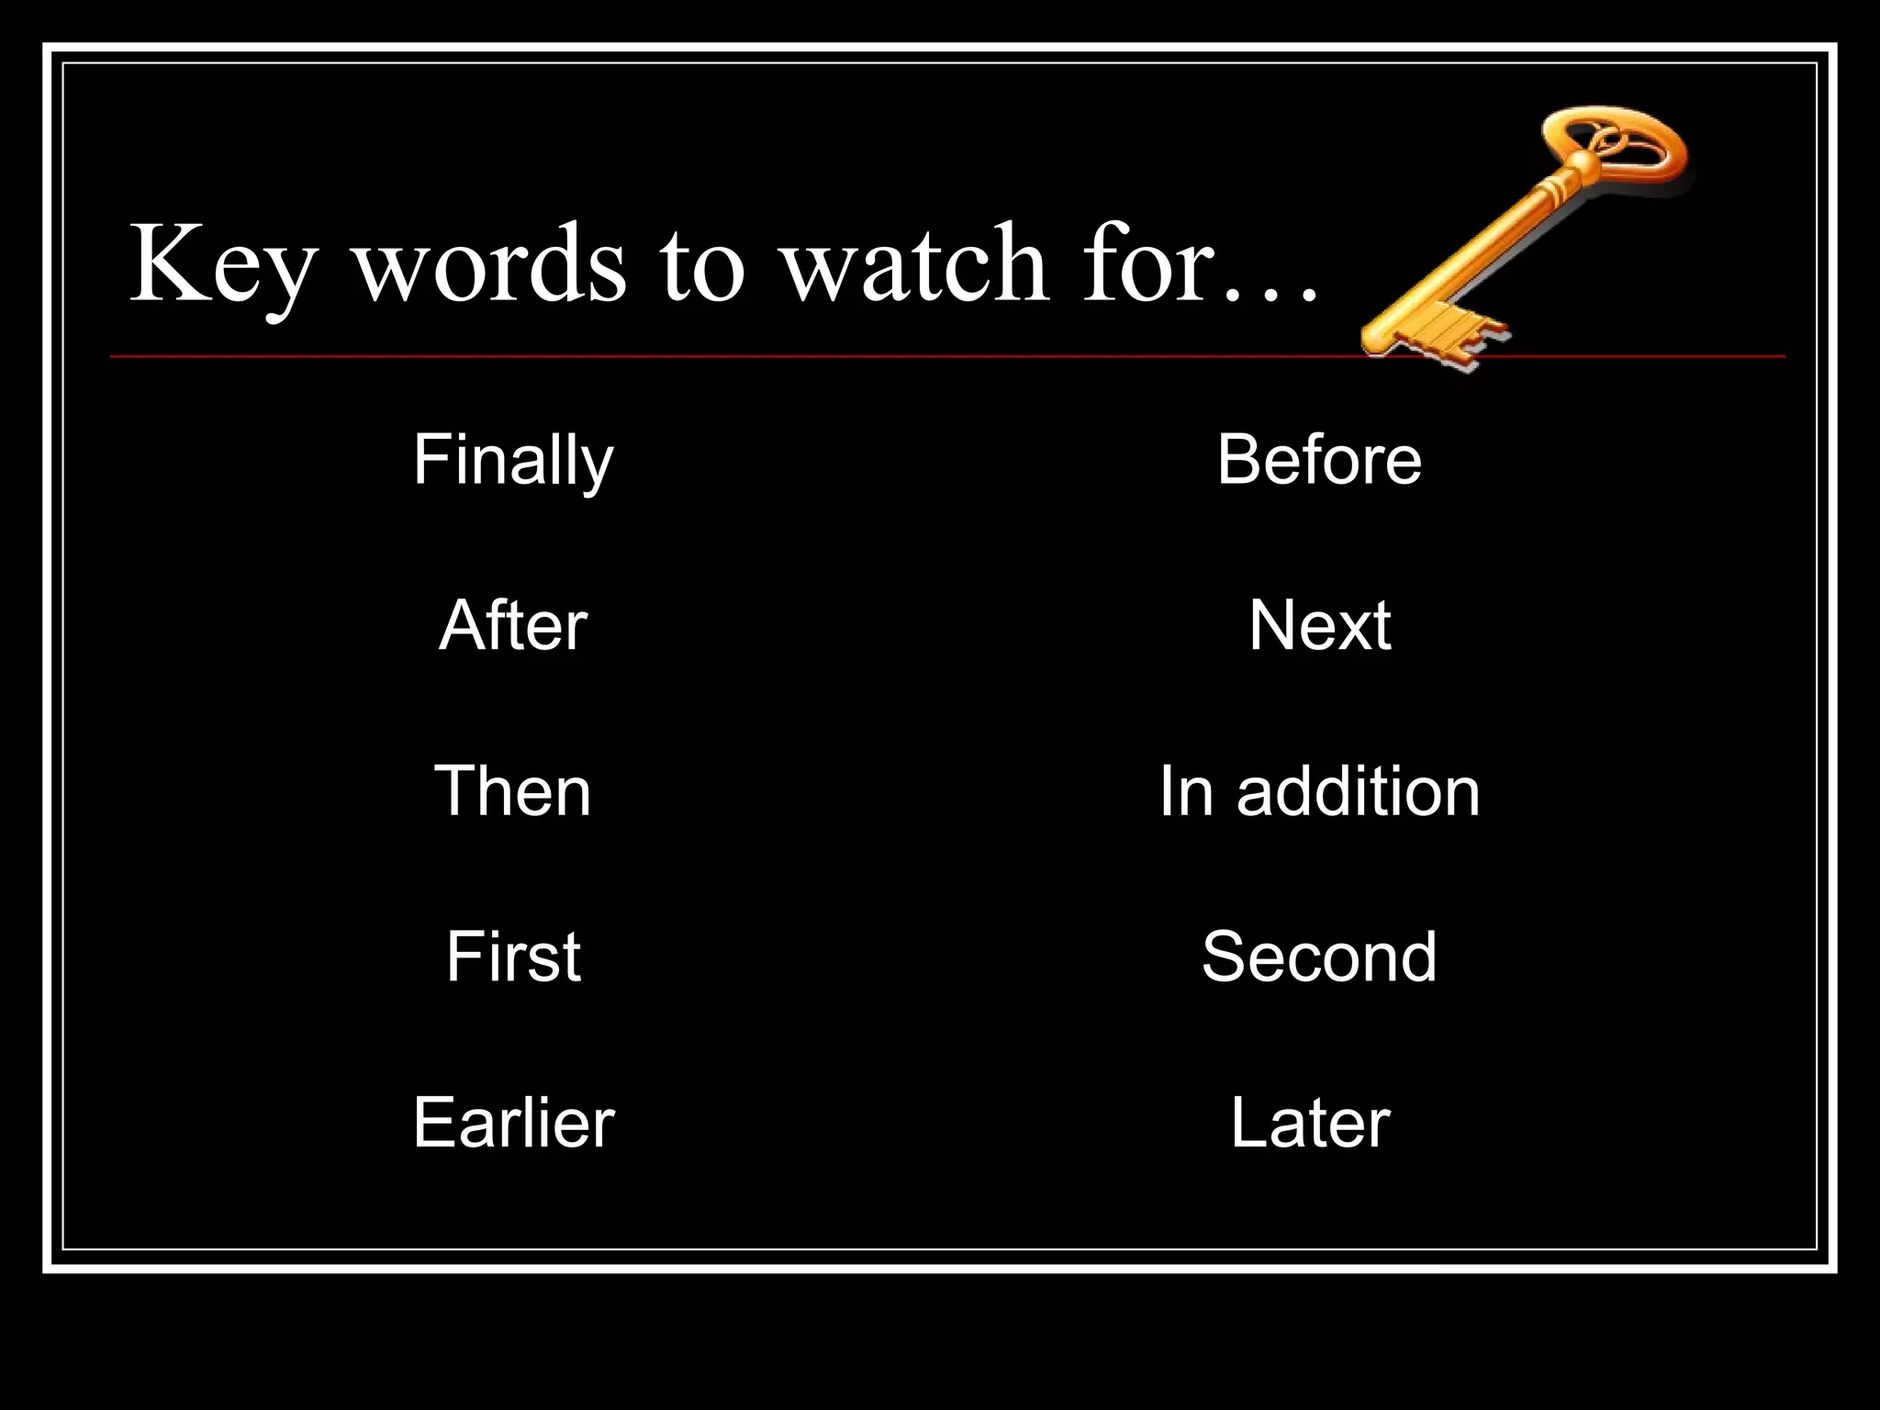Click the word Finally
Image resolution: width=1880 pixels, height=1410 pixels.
coord(513,461)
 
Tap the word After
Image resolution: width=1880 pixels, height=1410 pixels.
coord(513,625)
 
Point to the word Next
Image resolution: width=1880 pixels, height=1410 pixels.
coord(1319,625)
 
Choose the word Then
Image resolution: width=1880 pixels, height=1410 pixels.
coord(513,791)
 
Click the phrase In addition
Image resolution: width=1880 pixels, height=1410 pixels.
coord(1319,791)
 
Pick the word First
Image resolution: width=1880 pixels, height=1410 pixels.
coord(513,957)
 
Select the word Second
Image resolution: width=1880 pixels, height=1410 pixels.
coord(1319,957)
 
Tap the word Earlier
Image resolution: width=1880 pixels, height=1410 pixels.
coord(513,1122)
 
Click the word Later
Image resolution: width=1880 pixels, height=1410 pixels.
coord(1310,1122)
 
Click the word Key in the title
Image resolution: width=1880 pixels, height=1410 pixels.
coord(223,266)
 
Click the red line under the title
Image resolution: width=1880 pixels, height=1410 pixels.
coord(734,355)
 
